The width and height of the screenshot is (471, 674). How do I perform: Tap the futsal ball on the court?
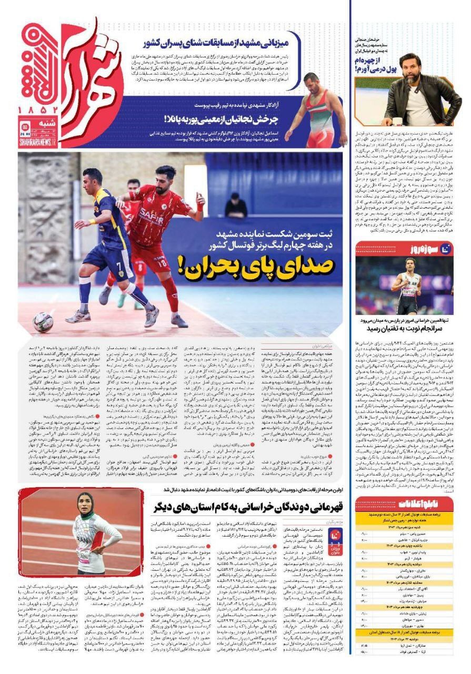43,321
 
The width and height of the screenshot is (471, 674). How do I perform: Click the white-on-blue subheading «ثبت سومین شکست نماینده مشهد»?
263,235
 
